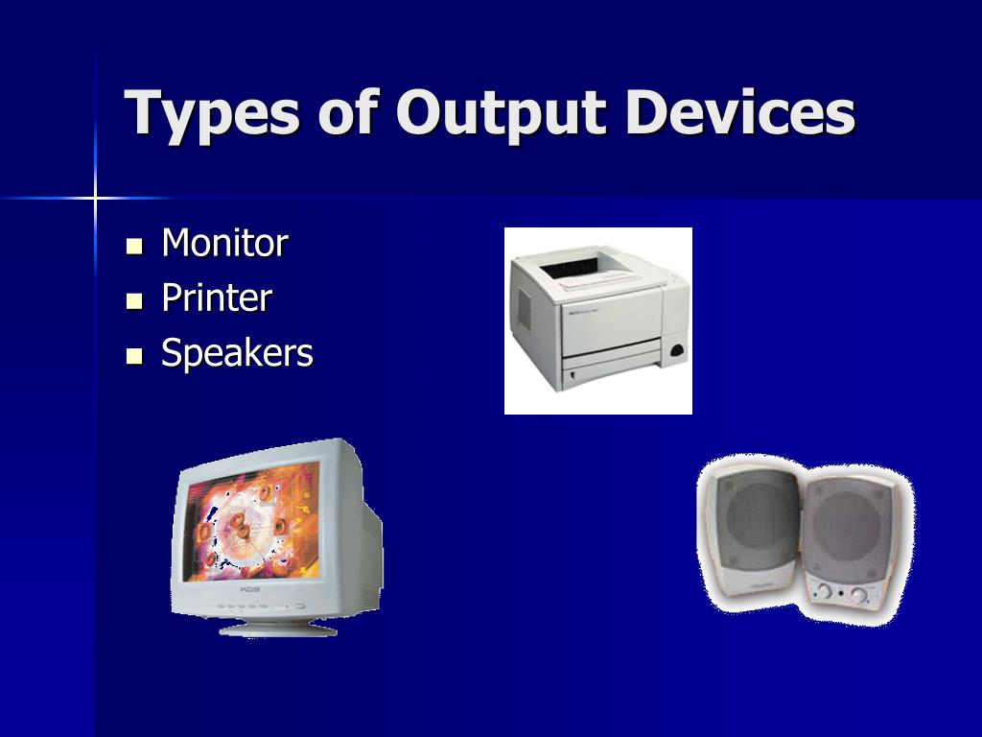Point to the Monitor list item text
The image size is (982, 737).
point(224,243)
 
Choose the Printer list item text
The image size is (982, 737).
point(217,298)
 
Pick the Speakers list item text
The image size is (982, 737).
point(237,354)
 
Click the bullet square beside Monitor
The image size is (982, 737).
point(134,246)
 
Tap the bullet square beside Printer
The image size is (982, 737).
point(134,301)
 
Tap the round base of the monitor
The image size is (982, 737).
point(278,629)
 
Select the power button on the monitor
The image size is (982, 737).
point(299,606)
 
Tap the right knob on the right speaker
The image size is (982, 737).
point(859,595)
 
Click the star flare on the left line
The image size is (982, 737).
point(95,199)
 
